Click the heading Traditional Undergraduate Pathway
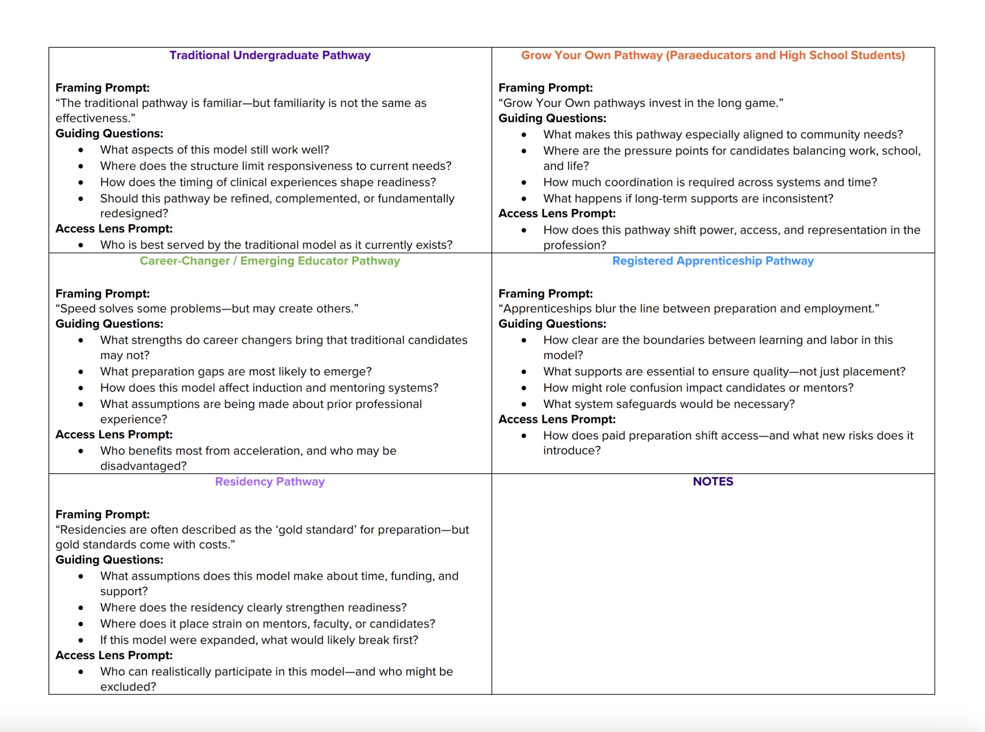click(270, 55)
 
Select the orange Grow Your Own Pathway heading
click(713, 55)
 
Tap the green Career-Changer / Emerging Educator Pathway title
click(270, 261)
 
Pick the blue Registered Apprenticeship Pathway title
click(713, 261)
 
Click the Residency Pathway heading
click(270, 482)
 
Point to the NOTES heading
click(713, 482)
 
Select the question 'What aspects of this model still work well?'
click(214, 150)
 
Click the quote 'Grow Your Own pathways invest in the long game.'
click(641, 103)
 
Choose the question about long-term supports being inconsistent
click(688, 198)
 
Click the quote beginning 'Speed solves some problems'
click(207, 309)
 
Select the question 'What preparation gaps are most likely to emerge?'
click(236, 372)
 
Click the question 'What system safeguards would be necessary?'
click(669, 404)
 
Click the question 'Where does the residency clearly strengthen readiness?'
click(253, 607)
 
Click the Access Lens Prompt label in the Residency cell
click(114, 655)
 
